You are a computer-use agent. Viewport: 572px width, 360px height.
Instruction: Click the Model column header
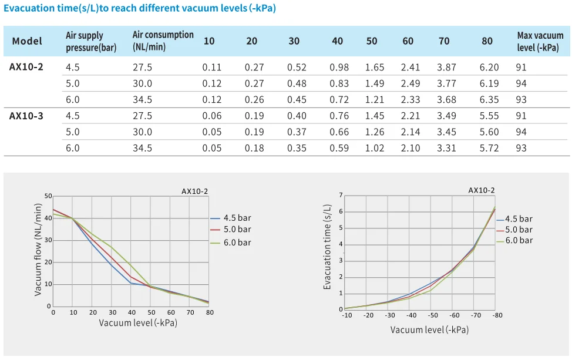pos(27,41)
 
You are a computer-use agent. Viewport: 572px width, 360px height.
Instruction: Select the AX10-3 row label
pos(26,116)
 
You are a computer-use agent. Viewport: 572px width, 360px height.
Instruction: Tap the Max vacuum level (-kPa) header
pos(540,41)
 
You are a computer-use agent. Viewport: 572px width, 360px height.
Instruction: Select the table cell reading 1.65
pos(375,68)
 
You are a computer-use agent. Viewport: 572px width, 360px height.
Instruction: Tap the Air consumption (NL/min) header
pos(163,41)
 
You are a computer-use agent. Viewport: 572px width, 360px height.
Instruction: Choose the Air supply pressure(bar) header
pos(91,42)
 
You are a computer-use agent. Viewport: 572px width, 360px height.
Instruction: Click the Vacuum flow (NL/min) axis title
pos(39,248)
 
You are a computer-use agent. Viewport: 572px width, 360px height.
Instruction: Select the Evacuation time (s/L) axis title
pos(328,247)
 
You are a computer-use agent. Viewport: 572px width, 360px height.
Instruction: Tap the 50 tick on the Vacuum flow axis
pos(48,196)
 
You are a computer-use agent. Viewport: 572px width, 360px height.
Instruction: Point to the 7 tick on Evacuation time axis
pos(341,195)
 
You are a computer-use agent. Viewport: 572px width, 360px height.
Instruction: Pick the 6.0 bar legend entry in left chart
pos(237,242)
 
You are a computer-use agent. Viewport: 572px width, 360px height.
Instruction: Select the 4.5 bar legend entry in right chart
pos(518,219)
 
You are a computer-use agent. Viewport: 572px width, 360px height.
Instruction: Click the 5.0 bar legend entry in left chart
pos(237,230)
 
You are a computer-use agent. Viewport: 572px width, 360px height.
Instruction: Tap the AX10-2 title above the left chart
pos(194,191)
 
